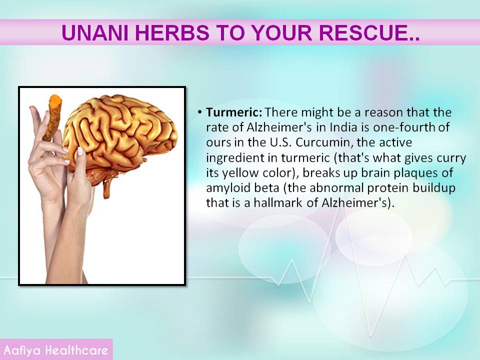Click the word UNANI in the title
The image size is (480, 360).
click(95, 32)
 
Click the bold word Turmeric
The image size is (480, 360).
click(234, 112)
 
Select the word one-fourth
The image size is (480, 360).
click(404, 127)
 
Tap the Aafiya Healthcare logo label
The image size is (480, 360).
click(56, 350)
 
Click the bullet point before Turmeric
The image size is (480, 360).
click(199, 112)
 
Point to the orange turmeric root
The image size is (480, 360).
click(53, 117)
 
